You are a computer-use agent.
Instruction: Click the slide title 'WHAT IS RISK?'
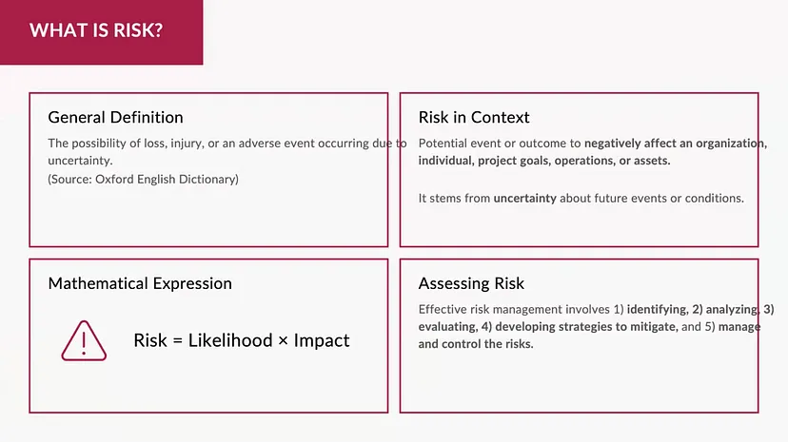96,30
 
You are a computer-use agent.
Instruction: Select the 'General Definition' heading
115,118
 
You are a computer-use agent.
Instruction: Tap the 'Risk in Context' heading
474,118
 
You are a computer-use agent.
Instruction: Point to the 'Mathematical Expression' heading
140,283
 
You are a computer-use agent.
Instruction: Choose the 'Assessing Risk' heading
471,283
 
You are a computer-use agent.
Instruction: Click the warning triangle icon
84,340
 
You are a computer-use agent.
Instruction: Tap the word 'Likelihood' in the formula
230,340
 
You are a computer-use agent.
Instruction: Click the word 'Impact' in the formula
322,340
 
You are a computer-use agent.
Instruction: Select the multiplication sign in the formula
283,341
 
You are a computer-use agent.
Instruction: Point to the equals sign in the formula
177,341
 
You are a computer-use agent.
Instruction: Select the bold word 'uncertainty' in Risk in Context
524,198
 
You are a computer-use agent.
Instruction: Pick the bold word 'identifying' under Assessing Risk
657,310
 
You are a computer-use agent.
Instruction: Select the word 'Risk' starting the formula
150,340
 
